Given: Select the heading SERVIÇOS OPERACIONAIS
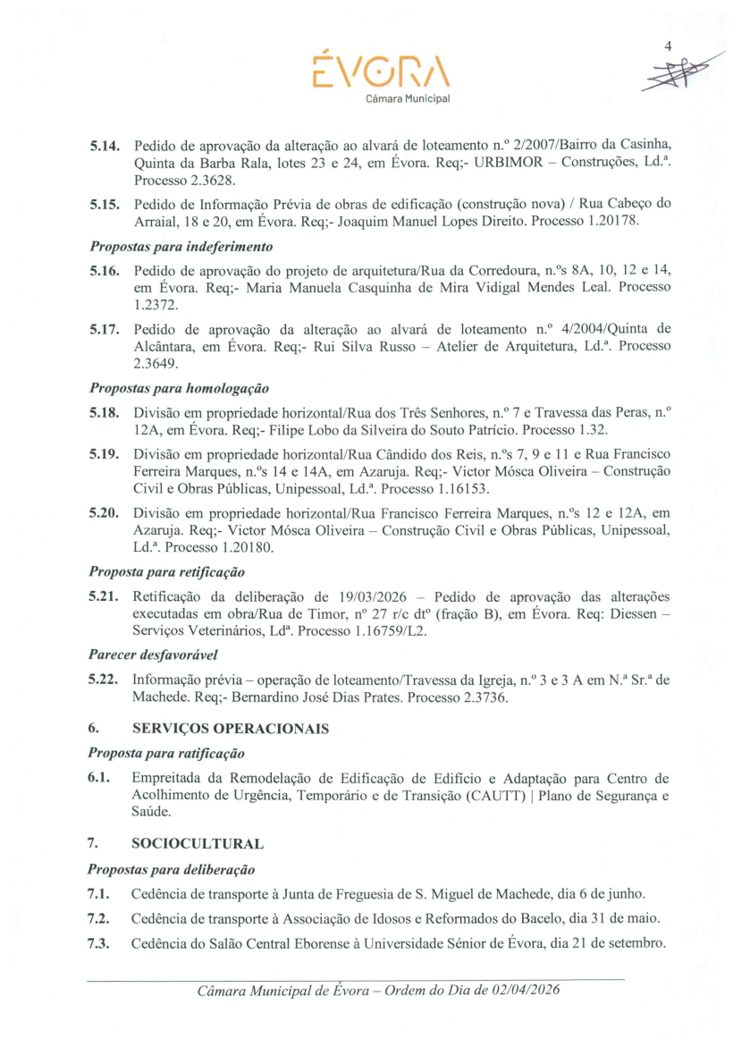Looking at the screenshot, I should pyautogui.click(x=230, y=729).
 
